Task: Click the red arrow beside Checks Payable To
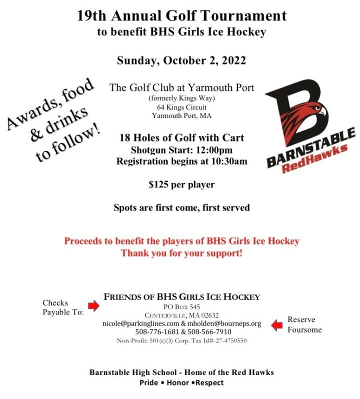pos(93,305)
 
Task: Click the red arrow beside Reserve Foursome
pos(277,325)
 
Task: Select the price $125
pos(159,184)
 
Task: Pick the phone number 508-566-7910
pos(209,332)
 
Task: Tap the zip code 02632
pos(207,315)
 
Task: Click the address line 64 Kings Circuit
pos(181,107)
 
